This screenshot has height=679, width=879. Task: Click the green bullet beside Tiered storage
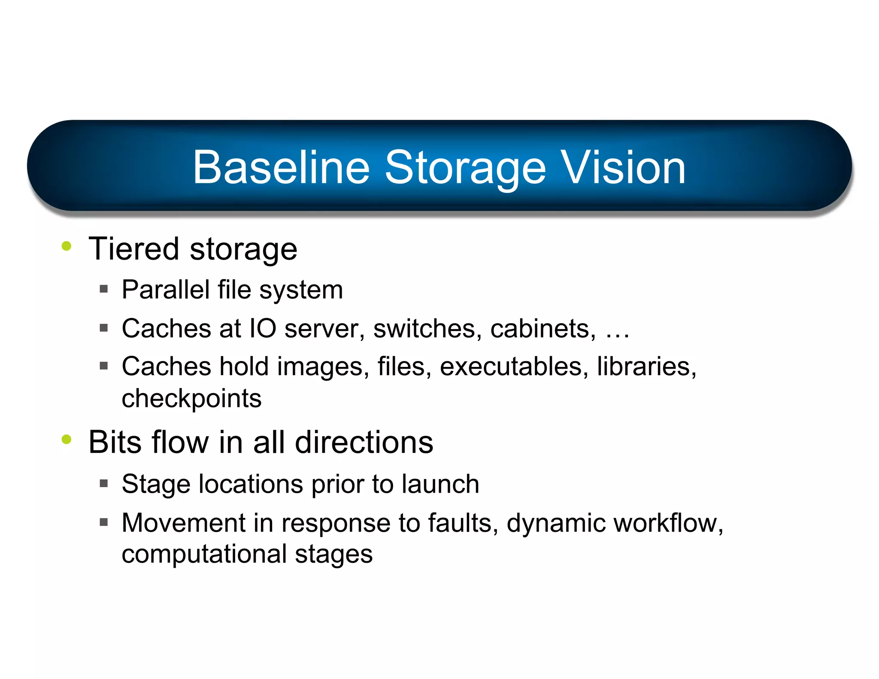(x=67, y=246)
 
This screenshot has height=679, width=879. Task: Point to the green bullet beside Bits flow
(x=67, y=439)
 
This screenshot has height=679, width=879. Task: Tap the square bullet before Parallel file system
(x=103, y=289)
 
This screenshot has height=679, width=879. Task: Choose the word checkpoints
(x=191, y=399)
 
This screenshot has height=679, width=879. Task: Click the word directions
(x=364, y=442)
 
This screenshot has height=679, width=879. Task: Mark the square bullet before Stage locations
(x=103, y=484)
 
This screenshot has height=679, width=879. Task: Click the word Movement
(x=183, y=523)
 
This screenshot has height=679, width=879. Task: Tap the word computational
(x=204, y=554)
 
